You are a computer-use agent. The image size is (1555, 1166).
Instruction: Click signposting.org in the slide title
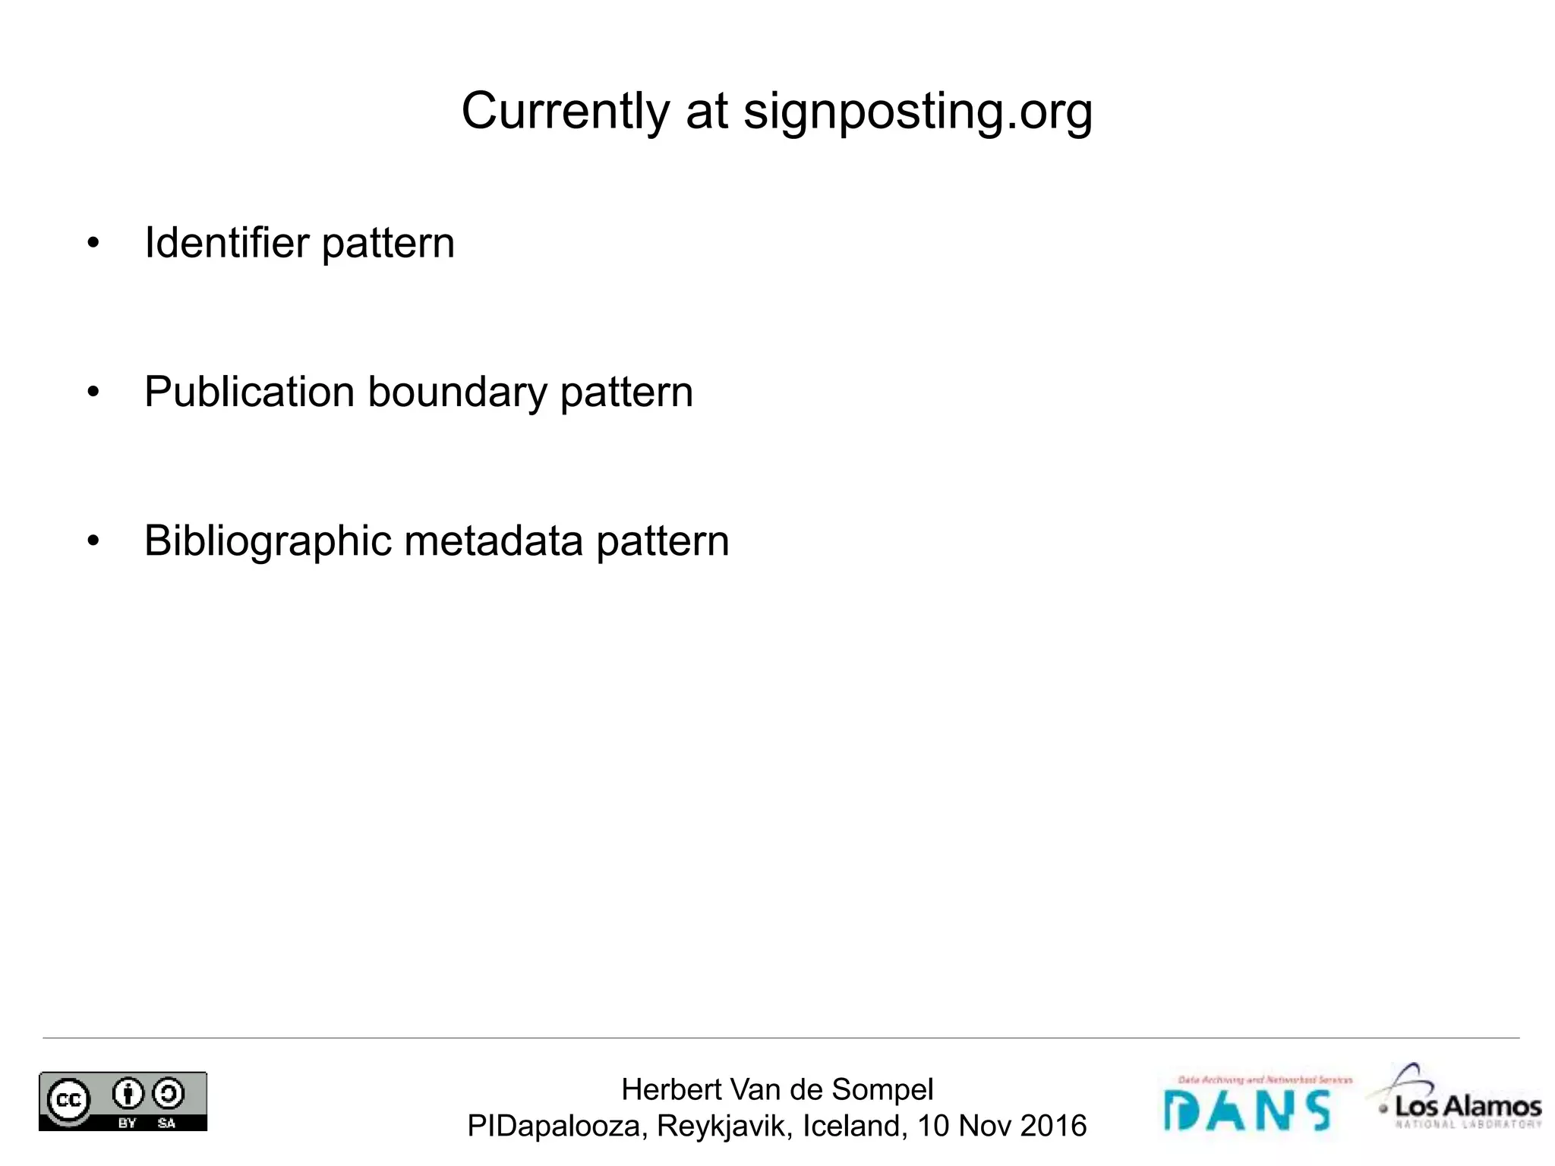point(917,112)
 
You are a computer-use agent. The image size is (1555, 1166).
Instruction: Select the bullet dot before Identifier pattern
point(93,244)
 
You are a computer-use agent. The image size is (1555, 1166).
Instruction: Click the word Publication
point(250,392)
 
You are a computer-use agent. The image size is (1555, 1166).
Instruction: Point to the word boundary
point(457,392)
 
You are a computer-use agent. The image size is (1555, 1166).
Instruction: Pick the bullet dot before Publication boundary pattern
point(93,392)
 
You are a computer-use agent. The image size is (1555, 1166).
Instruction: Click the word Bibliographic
point(268,541)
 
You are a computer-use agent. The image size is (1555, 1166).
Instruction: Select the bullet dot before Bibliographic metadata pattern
point(93,541)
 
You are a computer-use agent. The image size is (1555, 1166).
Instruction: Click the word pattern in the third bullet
point(662,541)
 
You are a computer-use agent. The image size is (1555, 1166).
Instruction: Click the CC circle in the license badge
point(68,1100)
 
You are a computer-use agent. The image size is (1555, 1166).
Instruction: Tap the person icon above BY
point(128,1094)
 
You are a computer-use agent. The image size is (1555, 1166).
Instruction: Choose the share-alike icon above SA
point(168,1094)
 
